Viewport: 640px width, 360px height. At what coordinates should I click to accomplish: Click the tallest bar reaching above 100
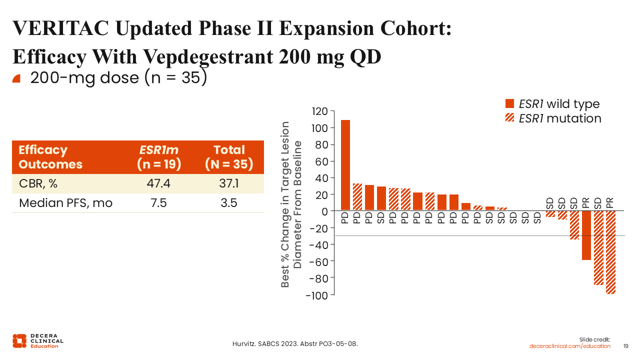(x=345, y=165)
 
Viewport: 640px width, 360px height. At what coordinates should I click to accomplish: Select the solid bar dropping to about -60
(x=586, y=235)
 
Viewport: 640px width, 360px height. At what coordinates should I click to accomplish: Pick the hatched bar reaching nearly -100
(x=610, y=252)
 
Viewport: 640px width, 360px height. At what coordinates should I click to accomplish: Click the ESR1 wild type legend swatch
(x=509, y=103)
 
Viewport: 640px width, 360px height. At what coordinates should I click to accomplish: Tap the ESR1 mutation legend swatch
(x=509, y=117)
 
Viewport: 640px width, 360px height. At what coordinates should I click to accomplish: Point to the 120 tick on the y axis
(x=319, y=111)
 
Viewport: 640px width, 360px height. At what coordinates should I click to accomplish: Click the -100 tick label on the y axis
(x=317, y=295)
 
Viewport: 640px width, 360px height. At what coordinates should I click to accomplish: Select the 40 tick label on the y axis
(x=321, y=178)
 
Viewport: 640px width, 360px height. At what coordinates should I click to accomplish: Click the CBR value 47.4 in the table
(x=158, y=183)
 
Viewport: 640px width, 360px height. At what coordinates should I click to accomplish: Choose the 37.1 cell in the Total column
(x=229, y=183)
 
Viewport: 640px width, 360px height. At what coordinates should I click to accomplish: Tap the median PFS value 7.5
(x=158, y=203)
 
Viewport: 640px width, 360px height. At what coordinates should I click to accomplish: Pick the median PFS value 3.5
(x=229, y=203)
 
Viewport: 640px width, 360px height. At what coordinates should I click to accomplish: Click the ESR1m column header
(x=159, y=157)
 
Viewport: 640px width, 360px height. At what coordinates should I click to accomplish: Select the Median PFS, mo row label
(x=65, y=203)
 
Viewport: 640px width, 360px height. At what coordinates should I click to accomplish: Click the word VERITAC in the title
(x=60, y=28)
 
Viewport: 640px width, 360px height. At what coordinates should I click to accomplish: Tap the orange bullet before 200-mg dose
(x=16, y=78)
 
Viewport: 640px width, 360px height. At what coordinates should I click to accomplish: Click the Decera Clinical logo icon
(x=19, y=341)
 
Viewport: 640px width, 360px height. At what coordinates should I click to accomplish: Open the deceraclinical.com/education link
(x=569, y=346)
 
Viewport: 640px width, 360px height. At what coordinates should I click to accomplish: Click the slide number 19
(x=625, y=346)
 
